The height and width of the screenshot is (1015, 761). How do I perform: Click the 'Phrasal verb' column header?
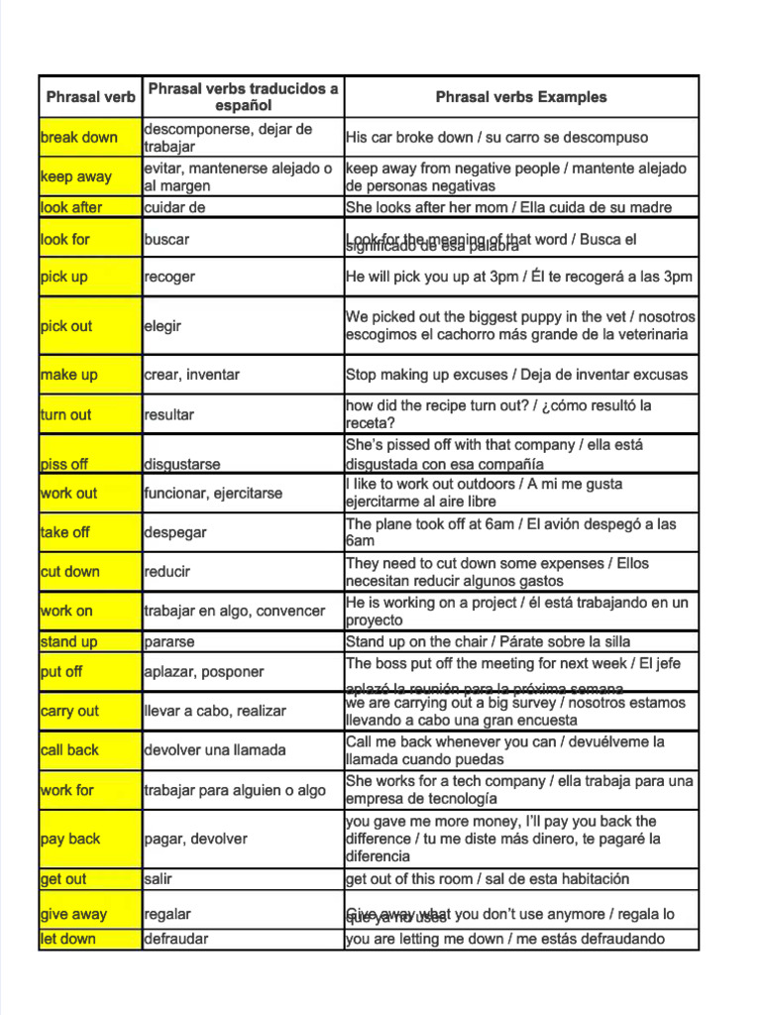click(x=90, y=97)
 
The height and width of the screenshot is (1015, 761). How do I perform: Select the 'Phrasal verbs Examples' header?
click(x=521, y=97)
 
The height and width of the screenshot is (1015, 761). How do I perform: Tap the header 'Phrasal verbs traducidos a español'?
click(x=243, y=97)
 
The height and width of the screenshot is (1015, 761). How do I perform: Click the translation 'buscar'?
click(x=166, y=239)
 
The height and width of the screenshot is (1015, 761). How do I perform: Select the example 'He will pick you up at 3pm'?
click(x=519, y=277)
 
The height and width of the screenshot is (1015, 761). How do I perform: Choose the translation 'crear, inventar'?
click(x=191, y=375)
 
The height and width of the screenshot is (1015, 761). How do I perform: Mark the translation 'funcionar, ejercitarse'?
click(x=213, y=493)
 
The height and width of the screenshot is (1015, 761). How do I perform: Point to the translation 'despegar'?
click(x=175, y=532)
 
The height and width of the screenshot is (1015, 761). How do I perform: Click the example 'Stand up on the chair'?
click(x=488, y=641)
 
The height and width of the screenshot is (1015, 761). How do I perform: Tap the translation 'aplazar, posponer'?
click(x=204, y=671)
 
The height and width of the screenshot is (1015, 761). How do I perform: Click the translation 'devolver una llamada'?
click(x=215, y=750)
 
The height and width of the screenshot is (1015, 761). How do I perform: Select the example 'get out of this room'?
click(x=487, y=879)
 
